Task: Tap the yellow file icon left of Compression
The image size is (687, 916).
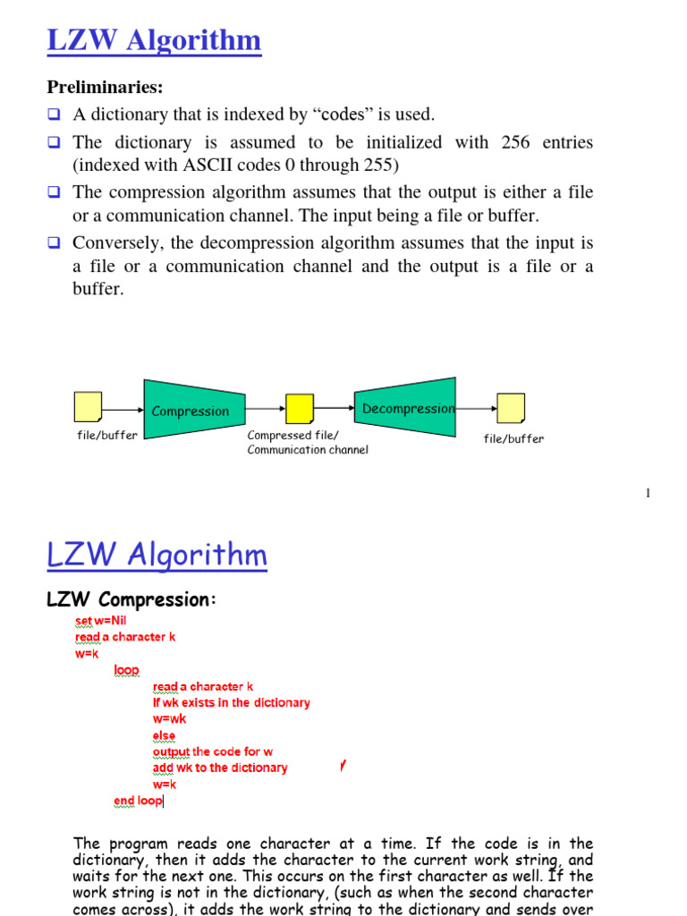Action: click(x=88, y=407)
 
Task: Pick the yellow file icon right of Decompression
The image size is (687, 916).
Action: click(x=511, y=407)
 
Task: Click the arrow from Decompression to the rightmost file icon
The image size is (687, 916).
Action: click(x=476, y=408)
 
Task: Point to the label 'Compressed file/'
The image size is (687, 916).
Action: click(x=293, y=436)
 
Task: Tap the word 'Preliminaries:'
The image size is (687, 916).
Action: click(x=106, y=87)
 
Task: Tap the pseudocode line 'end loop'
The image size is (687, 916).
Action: click(x=138, y=801)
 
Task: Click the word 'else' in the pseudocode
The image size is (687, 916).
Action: click(x=164, y=735)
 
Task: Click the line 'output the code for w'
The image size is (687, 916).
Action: click(x=213, y=751)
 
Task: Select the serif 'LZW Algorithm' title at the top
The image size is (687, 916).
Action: click(x=154, y=40)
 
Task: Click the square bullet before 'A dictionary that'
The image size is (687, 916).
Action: click(x=55, y=114)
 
